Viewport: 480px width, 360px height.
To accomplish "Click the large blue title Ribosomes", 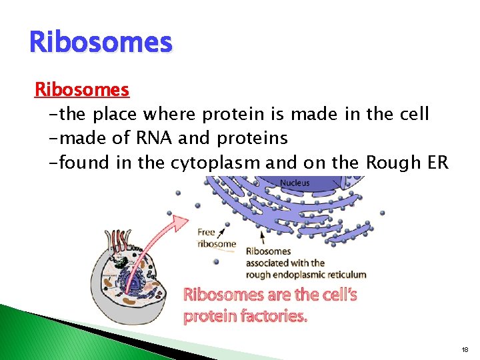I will tap(101, 42).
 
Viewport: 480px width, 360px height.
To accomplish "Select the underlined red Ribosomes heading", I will tap(82, 89).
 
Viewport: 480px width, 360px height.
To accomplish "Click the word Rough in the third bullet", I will tap(375, 162).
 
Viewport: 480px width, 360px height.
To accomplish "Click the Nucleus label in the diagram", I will tap(294, 183).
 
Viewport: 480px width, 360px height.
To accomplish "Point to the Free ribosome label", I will tap(217, 238).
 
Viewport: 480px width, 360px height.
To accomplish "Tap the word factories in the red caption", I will tap(273, 316).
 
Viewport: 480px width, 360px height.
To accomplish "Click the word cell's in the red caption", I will tap(335, 294).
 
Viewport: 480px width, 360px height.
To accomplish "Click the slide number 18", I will tap(464, 349).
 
